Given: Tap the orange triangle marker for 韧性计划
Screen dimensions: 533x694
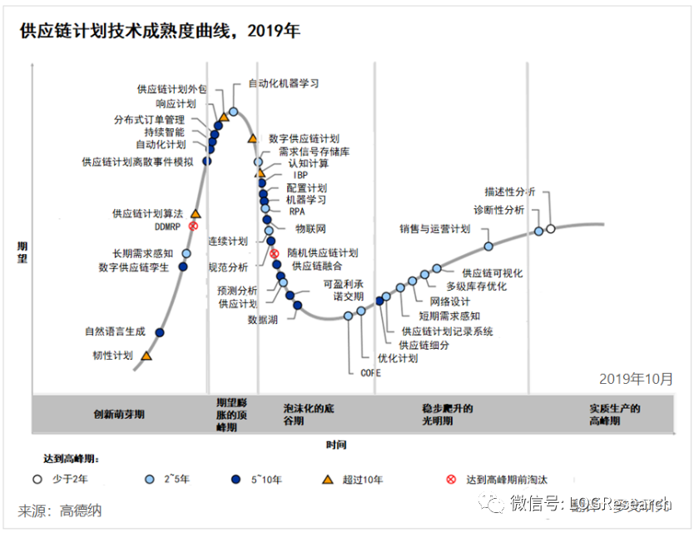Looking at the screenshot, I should (x=146, y=356).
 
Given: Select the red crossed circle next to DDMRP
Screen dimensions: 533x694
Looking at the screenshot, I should (x=193, y=226).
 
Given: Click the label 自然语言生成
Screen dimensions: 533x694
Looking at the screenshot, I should (x=115, y=331).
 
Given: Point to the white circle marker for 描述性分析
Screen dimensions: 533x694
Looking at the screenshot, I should (x=550, y=228).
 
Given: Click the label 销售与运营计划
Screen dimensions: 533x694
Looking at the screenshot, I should (x=434, y=229).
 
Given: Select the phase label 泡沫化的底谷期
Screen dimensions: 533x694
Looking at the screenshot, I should (x=309, y=414).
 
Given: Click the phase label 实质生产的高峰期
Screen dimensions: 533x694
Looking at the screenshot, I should (x=614, y=414).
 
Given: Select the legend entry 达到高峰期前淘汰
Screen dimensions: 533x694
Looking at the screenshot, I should (x=506, y=479).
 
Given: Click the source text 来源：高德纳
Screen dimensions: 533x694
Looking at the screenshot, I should (x=60, y=510).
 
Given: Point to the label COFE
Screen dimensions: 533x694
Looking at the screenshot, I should (x=370, y=372).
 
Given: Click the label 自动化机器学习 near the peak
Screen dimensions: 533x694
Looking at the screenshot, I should (x=284, y=83).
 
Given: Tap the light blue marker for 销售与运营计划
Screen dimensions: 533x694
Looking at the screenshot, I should (x=488, y=246).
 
